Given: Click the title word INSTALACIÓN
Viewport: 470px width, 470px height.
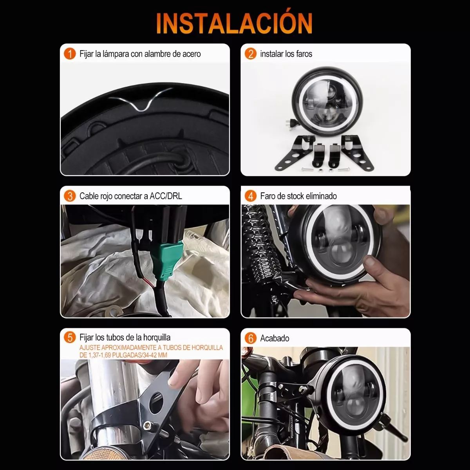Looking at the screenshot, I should coord(234,23).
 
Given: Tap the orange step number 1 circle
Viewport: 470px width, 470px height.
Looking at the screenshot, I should coord(70,54).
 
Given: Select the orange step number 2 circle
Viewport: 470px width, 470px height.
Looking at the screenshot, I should coord(250,54).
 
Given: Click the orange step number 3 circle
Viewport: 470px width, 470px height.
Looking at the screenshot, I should coord(70,196).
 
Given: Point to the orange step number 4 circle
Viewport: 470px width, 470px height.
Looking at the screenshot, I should coord(250,196).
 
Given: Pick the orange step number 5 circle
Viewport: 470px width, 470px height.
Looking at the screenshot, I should coord(70,337).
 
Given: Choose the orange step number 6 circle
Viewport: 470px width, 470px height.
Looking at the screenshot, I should coord(250,338).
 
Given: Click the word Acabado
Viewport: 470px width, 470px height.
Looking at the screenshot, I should coord(275,338).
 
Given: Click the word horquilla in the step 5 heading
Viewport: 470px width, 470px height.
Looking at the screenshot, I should coord(157,337).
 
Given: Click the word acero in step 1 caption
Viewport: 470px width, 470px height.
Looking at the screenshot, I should coord(191,54).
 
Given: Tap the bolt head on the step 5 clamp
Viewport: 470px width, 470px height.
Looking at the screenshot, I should coord(147,424).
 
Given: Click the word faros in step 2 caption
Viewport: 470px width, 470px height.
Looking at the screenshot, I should coord(304,54).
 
